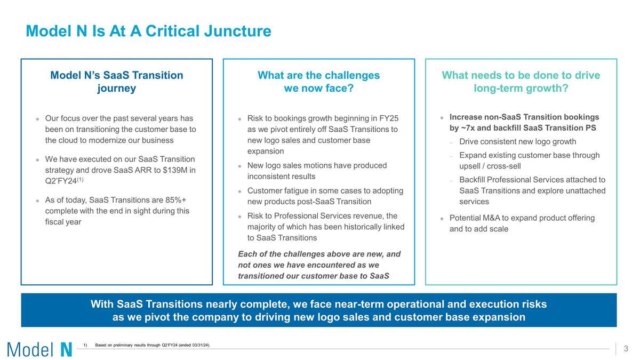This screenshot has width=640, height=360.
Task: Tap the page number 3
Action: (x=626, y=349)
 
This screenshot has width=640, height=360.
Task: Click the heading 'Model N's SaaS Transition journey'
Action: (x=116, y=82)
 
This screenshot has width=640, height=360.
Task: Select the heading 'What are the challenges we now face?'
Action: (x=318, y=82)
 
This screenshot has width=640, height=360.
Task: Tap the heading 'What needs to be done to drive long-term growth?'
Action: (x=521, y=82)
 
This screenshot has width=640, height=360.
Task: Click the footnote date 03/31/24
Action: (x=196, y=346)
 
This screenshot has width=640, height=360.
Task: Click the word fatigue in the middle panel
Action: (x=300, y=190)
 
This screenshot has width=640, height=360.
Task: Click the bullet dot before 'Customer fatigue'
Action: (x=240, y=191)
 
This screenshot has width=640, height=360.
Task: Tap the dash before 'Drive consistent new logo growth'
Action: (x=451, y=142)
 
